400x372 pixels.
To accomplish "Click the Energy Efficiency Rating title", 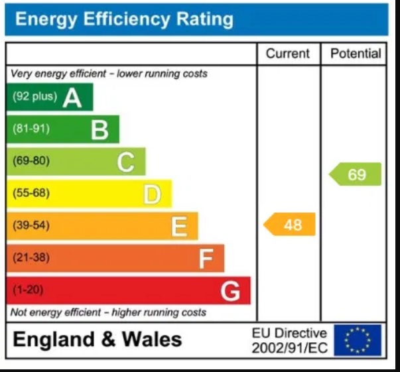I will click(x=124, y=19).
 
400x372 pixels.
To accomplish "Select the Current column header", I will click(x=288, y=54).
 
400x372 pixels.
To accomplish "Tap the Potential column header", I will click(x=355, y=54).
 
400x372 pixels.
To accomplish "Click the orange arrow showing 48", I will click(x=290, y=225).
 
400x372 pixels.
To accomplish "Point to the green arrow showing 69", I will click(x=356, y=174).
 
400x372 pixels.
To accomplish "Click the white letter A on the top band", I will click(x=72, y=97).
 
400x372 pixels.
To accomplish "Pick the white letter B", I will click(x=100, y=130).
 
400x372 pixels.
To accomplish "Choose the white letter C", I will click(x=126, y=162).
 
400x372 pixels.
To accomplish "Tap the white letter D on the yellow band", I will click(x=153, y=194).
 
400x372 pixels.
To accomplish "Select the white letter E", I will click(x=179, y=227).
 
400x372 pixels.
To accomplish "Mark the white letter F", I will click(x=206, y=259).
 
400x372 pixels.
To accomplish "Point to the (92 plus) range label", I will click(x=34, y=97).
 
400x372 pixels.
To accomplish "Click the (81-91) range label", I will click(x=31, y=129).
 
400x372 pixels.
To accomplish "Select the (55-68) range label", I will click(x=31, y=193).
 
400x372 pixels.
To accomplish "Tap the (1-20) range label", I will click(x=28, y=290).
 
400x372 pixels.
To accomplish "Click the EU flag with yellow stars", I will click(x=358, y=340).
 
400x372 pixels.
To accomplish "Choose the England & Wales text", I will click(x=98, y=340).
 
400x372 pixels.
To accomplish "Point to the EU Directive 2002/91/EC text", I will click(x=289, y=340).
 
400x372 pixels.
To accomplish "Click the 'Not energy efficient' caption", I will click(x=108, y=312).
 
